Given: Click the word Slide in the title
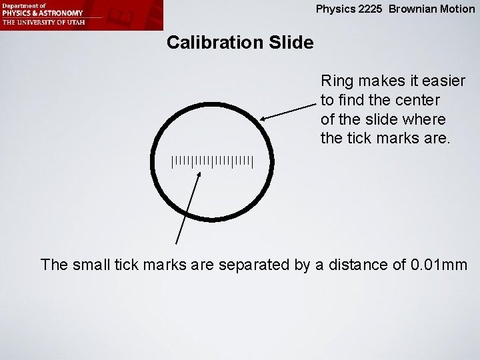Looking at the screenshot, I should click(290, 43).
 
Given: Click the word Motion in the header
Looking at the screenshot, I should click(457, 9).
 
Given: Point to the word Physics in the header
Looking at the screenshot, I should click(335, 9).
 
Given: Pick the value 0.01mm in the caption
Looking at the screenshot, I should click(439, 265).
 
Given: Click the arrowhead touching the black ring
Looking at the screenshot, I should click(263, 119).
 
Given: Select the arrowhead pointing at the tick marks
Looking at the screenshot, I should click(200, 173).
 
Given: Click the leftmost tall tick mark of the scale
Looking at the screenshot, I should click(173, 161).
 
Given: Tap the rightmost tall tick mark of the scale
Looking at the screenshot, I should click(253, 161).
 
